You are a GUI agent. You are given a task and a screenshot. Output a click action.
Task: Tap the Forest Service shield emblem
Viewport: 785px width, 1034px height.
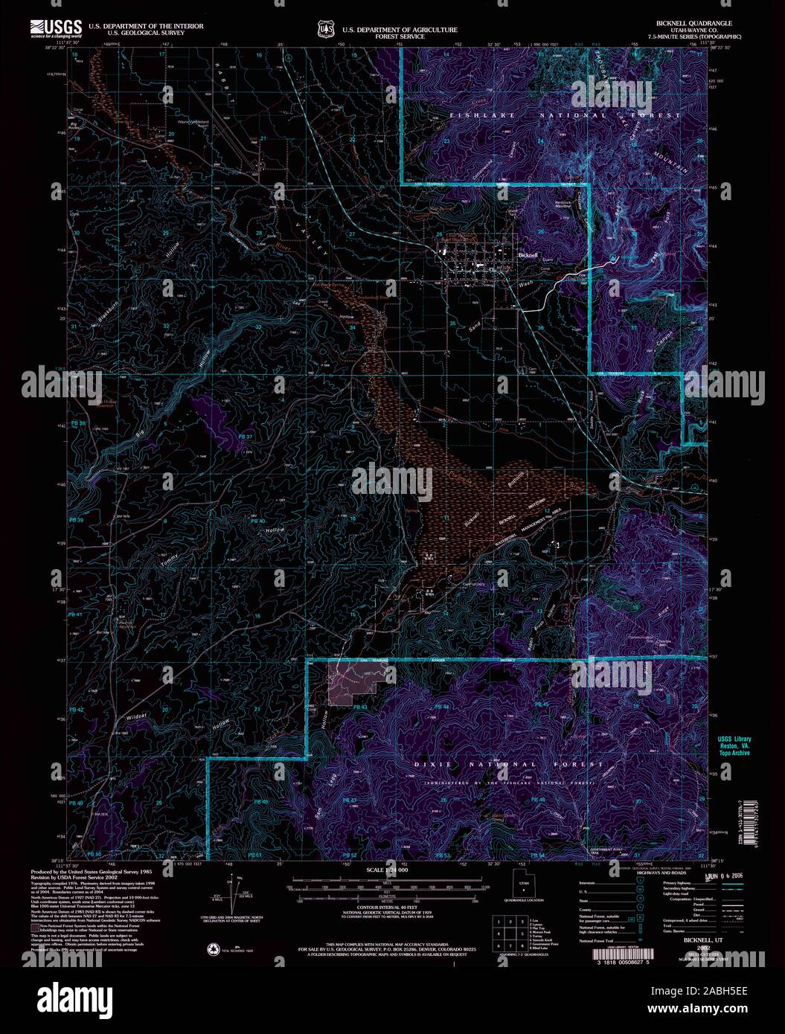324,29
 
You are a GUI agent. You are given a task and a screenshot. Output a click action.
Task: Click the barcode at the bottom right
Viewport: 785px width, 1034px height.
629,954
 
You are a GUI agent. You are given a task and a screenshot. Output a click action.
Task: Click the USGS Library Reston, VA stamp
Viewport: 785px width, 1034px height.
733,746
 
